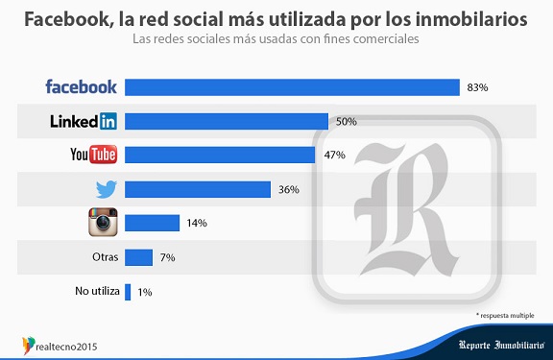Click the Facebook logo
tap(82, 87)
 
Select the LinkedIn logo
tap(84, 121)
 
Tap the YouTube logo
tap(93, 155)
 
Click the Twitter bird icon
tap(103, 189)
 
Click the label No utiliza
tap(95, 291)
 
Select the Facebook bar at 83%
tap(292, 87)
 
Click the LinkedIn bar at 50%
tap(227, 121)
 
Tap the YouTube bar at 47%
tap(220, 155)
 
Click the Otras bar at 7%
tap(138, 257)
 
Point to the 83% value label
tap(478, 87)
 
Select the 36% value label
tap(289, 189)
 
